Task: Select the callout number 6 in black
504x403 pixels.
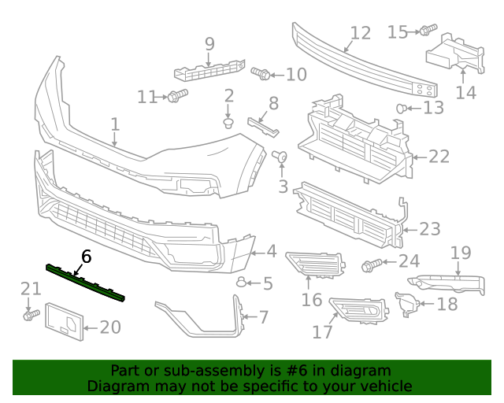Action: pos(86,256)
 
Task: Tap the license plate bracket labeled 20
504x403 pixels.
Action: pos(65,322)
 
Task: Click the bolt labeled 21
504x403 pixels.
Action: pos(30,315)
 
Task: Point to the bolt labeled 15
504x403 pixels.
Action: pos(426,31)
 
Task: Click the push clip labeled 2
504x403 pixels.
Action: pos(229,123)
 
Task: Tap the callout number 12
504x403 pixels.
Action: pos(360,33)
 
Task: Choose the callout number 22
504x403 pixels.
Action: pos(439,156)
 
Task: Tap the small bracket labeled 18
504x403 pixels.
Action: pos(406,304)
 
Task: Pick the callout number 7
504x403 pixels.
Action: pos(264,317)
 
